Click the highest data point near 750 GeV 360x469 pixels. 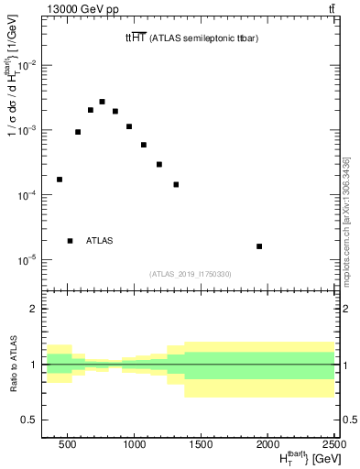tap(102, 102)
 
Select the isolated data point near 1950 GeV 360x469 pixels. tap(259, 246)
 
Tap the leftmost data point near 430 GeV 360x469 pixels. tap(60, 180)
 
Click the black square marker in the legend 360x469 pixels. tap(70, 241)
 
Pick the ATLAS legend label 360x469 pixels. tap(99, 241)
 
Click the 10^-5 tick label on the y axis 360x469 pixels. tap(27, 260)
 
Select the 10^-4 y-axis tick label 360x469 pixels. tap(27, 195)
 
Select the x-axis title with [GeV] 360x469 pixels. tap(299, 457)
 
